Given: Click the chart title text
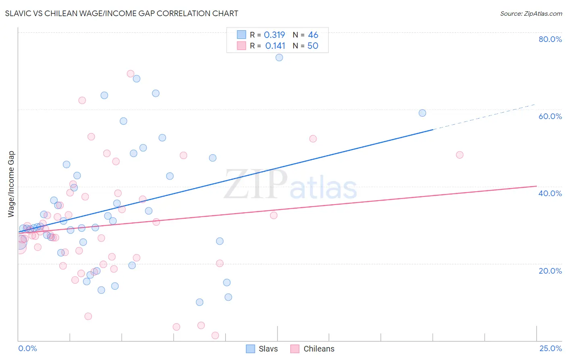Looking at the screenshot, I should pyautogui.click(x=121, y=13).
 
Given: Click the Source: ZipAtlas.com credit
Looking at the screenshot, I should pyautogui.click(x=531, y=13).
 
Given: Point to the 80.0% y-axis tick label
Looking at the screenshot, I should pyautogui.click(x=550, y=39).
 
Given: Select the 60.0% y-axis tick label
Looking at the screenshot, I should pyautogui.click(x=550, y=116).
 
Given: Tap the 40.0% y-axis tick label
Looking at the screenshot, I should pyautogui.click(x=550, y=193).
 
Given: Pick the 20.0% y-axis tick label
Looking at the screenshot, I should pyautogui.click(x=550, y=271).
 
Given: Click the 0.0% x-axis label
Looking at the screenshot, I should pyautogui.click(x=27, y=348).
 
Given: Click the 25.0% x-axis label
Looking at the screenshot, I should pyautogui.click(x=550, y=348).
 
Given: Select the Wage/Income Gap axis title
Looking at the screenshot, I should pyautogui.click(x=11, y=184).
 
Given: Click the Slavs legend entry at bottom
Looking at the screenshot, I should pyautogui.click(x=262, y=349).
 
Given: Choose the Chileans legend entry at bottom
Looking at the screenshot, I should pyautogui.click(x=313, y=349).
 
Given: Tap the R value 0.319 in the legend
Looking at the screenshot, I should pyautogui.click(x=274, y=35).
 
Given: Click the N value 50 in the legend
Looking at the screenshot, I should pyautogui.click(x=313, y=46).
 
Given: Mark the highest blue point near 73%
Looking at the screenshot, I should pyautogui.click(x=279, y=58).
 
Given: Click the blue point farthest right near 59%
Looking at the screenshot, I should pyautogui.click(x=422, y=113).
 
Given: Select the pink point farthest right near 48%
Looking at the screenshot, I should pyautogui.click(x=459, y=155).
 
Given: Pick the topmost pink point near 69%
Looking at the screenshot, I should pyautogui.click(x=130, y=74).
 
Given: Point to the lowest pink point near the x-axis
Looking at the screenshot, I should pyautogui.click(x=215, y=335).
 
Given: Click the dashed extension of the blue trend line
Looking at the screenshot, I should pyautogui.click(x=484, y=117).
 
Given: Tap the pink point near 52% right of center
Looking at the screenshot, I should pyautogui.click(x=313, y=139).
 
